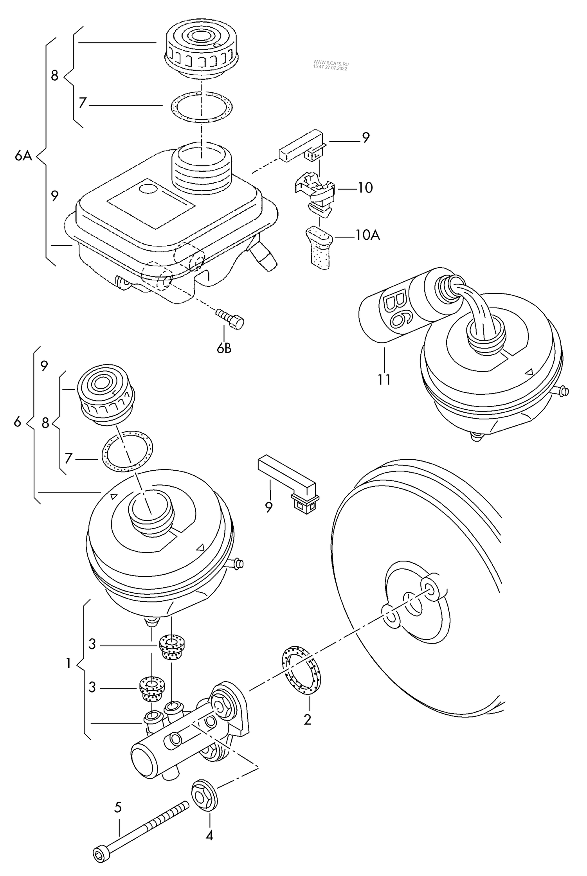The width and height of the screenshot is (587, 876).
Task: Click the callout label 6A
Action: tap(23, 156)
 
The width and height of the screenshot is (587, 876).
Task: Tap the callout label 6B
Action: tap(224, 348)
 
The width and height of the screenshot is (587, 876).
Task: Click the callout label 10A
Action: tap(367, 235)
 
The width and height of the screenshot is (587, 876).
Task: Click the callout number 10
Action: tap(365, 188)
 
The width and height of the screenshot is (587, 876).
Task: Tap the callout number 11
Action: tap(384, 379)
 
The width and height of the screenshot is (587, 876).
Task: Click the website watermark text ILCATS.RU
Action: tap(331, 63)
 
